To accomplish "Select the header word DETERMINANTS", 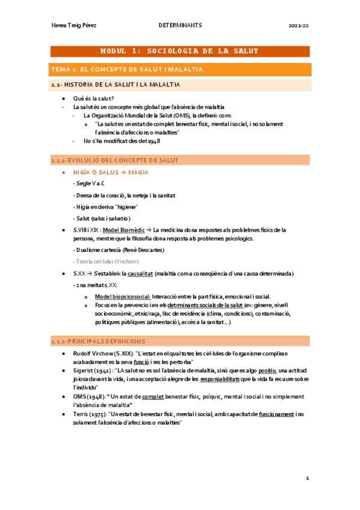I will click(x=179, y=26).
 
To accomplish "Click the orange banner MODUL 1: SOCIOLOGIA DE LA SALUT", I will click(x=180, y=52).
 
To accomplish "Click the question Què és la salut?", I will click(x=94, y=98).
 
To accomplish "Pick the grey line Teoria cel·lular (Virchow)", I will click(x=105, y=262).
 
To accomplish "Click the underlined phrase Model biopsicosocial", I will click(x=123, y=296).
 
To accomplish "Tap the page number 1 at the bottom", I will click(x=307, y=478).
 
